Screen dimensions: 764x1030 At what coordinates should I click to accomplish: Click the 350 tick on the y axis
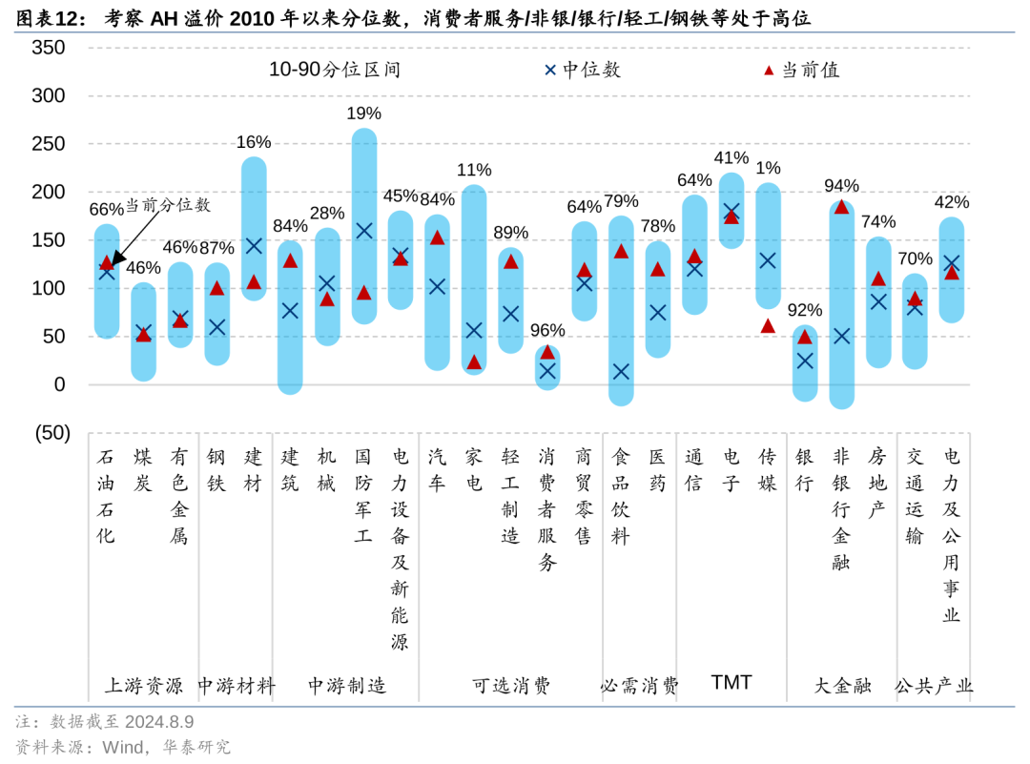(x=47, y=48)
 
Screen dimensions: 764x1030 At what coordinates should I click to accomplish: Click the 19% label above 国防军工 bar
(x=363, y=114)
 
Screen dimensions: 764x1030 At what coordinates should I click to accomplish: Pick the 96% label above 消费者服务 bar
(x=547, y=330)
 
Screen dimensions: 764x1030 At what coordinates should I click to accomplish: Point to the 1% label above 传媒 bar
(x=768, y=168)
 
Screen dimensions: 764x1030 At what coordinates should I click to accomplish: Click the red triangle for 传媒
(x=768, y=326)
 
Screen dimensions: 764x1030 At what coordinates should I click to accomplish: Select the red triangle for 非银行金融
(x=841, y=207)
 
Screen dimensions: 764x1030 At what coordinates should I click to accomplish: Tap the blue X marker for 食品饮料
(x=621, y=372)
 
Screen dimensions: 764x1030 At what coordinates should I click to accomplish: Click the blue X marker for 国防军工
(x=363, y=231)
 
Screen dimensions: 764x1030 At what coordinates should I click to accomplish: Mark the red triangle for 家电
(x=474, y=362)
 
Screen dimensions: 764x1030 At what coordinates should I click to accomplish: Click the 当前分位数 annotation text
(x=168, y=205)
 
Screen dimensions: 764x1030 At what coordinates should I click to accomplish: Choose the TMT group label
(x=731, y=683)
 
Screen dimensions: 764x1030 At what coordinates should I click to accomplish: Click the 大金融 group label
(x=842, y=685)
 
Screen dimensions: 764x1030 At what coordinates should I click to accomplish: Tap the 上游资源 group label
(x=143, y=685)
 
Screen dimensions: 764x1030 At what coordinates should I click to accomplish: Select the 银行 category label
(x=805, y=469)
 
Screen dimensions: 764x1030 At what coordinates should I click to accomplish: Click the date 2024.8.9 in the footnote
(x=158, y=722)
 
